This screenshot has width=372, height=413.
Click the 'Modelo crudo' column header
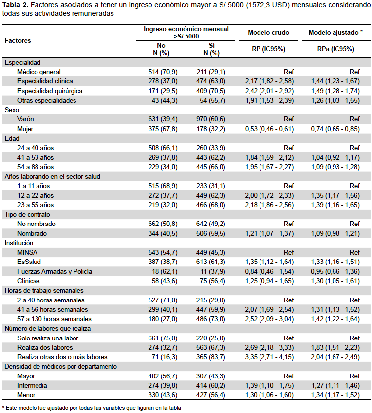pos(268,33)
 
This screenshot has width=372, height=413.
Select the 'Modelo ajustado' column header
pos(334,33)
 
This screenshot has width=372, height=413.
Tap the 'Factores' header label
pos(18,41)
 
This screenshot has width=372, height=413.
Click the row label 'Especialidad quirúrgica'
pos(50,91)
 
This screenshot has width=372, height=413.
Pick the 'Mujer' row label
pos(25,129)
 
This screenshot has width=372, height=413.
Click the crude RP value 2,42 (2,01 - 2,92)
pos(269,91)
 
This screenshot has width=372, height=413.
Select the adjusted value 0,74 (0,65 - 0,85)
pos(335,129)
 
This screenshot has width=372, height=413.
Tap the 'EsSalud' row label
pos(29,262)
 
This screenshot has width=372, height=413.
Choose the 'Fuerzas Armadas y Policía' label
pos(55,271)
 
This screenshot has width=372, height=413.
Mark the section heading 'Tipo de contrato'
pos(27,215)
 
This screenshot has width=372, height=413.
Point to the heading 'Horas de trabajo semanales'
pos(44,290)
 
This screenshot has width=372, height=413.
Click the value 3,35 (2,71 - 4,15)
pos(269,357)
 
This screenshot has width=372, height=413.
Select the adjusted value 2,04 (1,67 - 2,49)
pos(335,357)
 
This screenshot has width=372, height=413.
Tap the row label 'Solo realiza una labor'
pos(48,338)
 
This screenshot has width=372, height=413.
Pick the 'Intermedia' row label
pos(32,385)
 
